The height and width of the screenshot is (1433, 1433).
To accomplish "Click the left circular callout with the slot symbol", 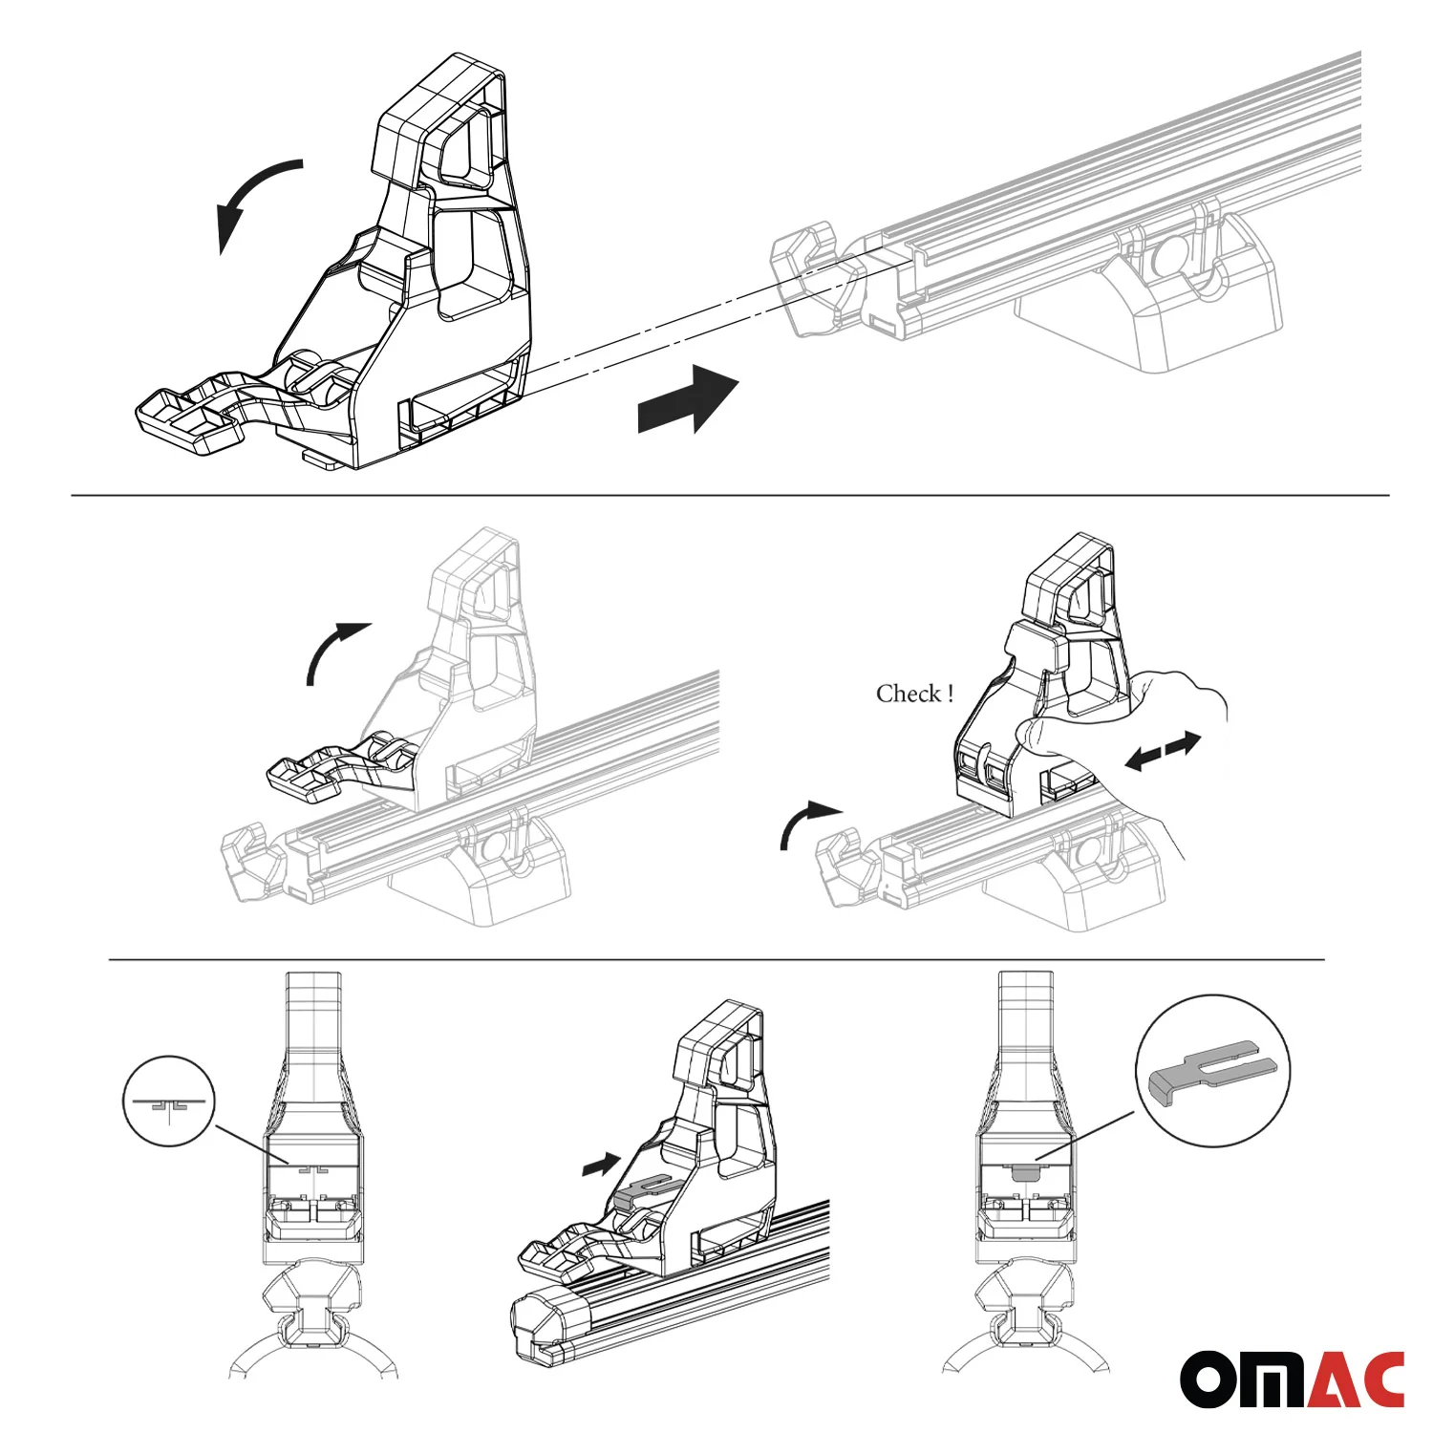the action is point(169,1101).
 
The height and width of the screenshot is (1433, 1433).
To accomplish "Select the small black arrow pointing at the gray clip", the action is point(601,1165).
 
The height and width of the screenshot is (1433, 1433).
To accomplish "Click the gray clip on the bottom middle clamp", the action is point(650,1187).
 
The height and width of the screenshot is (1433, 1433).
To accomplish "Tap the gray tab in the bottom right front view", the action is point(1023,1171).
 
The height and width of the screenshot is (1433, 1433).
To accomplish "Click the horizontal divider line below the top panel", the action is point(730,496).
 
